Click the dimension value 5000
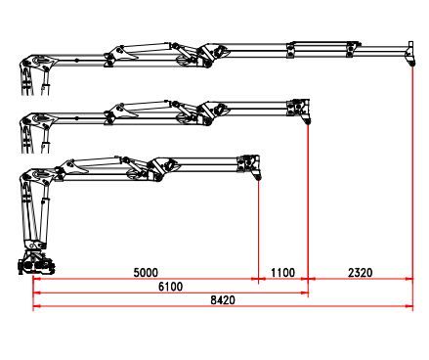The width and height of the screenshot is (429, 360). tap(146, 271)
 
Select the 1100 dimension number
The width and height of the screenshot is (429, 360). tap(282, 271)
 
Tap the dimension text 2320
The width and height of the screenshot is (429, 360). tap(359, 271)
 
